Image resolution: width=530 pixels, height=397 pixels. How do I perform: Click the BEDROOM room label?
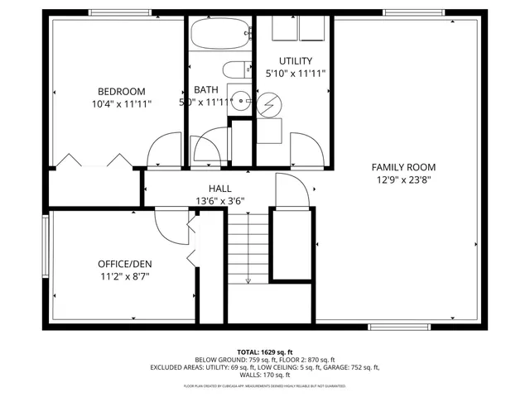121,91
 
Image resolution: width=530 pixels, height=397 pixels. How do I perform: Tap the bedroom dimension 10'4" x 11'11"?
121,104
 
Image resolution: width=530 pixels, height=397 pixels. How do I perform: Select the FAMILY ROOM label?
402,166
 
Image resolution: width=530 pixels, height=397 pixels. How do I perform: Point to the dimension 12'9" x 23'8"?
402,179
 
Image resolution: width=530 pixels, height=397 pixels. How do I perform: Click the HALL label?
219,188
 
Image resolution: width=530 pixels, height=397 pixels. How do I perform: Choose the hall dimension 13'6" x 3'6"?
219,200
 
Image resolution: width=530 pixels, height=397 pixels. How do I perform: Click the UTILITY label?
295,60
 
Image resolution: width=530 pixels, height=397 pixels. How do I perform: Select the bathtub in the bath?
219,35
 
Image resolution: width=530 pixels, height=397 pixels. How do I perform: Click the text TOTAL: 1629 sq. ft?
265,352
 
